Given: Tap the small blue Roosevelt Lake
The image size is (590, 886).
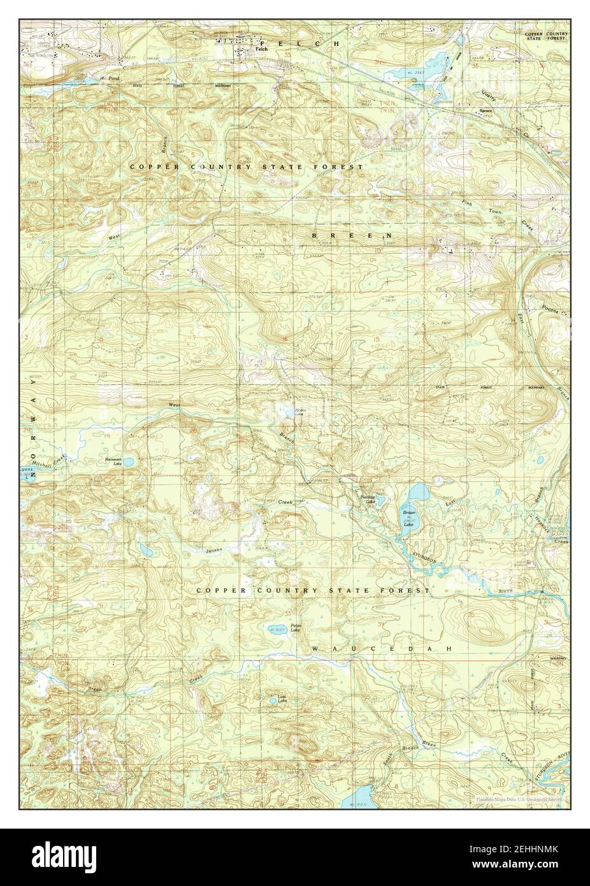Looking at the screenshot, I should (x=128, y=461).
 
